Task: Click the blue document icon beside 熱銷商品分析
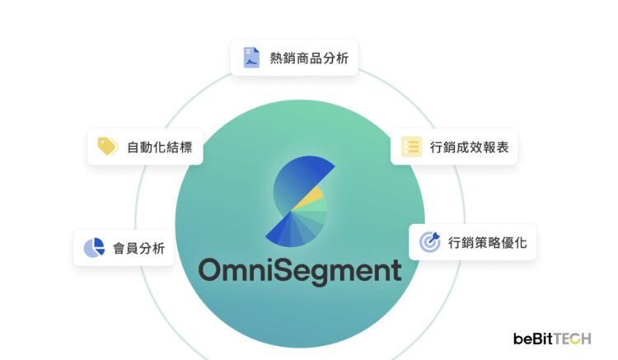click(251, 58)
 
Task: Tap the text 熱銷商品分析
click(309, 58)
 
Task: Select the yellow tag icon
click(108, 146)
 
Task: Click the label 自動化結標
click(160, 147)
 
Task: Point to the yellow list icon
click(411, 147)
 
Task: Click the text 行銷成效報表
click(470, 147)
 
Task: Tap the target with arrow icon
click(429, 242)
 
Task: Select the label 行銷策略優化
click(487, 243)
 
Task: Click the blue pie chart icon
click(94, 248)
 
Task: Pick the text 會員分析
click(138, 249)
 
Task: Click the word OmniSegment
click(300, 271)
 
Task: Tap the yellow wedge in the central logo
click(310, 198)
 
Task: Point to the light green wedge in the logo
click(316, 205)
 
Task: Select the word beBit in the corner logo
click(533, 339)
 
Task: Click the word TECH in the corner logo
click(573, 339)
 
